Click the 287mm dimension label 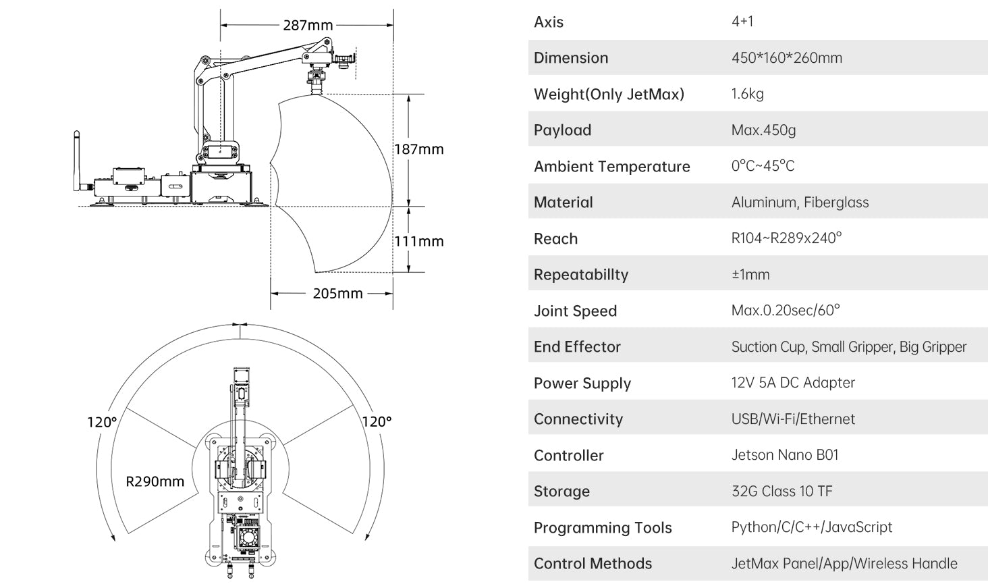point(308,25)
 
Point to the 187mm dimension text point(419,149)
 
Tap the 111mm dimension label point(419,241)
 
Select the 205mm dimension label point(337,294)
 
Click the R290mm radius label point(155,481)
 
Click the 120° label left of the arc point(102,422)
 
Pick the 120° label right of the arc point(377,422)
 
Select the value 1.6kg point(747,94)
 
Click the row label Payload point(562,130)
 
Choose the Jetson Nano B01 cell point(784,455)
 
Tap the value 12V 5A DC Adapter point(792,383)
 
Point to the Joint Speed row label point(575,311)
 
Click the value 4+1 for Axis point(742,22)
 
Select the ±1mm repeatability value point(750,275)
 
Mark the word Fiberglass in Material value point(836,203)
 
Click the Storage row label point(561,492)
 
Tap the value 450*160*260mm point(786,58)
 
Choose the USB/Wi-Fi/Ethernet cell point(792,419)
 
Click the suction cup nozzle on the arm point(315,86)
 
